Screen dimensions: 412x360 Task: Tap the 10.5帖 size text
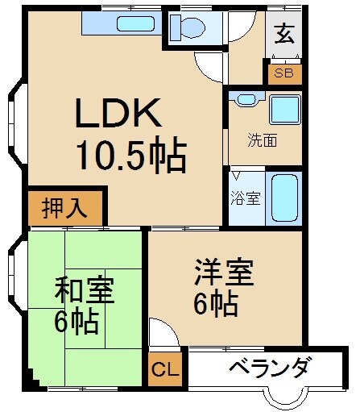(131, 153)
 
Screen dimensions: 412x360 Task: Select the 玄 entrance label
(283, 35)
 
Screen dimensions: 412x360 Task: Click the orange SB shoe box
(284, 73)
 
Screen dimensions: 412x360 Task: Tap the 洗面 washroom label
(263, 140)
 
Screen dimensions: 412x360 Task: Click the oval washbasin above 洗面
(245, 99)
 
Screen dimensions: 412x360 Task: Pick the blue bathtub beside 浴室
(284, 197)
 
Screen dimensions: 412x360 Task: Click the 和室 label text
(84, 289)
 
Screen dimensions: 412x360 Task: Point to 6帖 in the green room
(77, 323)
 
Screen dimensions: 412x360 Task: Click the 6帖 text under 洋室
(215, 305)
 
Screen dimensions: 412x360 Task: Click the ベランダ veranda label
(269, 368)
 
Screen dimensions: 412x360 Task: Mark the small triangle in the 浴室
(236, 175)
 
